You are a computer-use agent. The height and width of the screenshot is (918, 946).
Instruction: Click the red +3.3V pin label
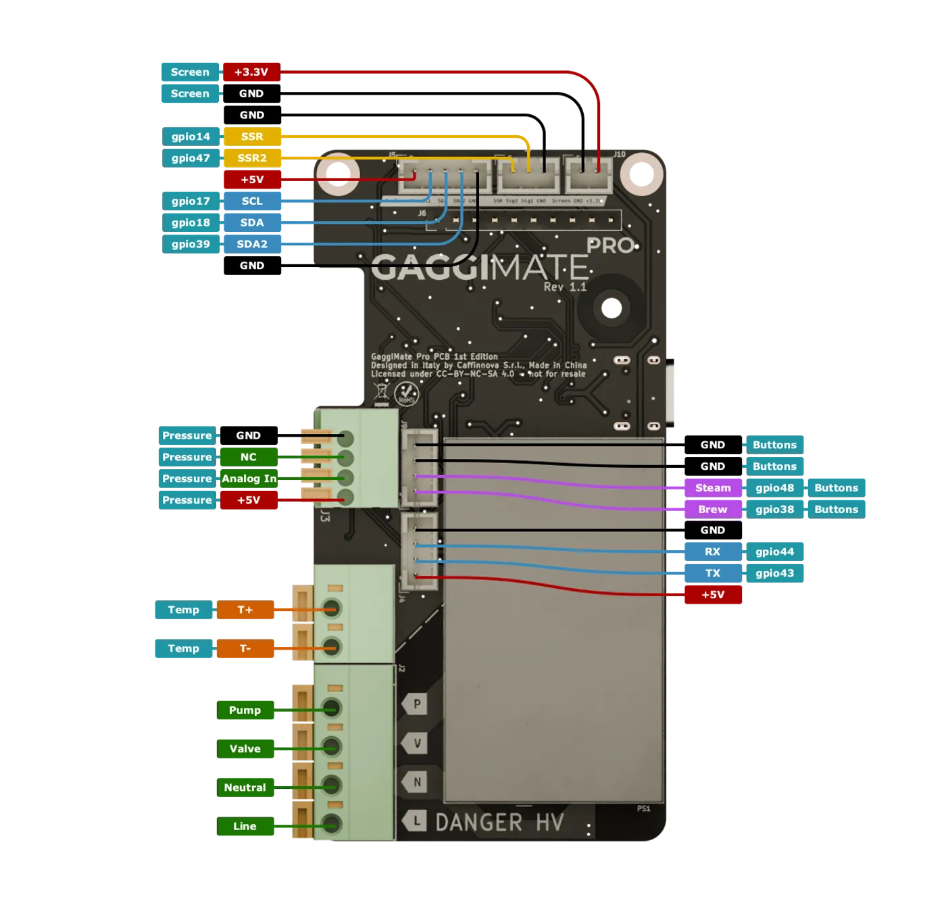click(251, 72)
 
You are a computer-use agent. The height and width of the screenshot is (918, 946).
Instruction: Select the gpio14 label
click(191, 137)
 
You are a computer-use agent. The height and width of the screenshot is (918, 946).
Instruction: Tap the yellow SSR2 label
click(251, 158)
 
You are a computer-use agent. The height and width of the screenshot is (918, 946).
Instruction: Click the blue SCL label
click(251, 201)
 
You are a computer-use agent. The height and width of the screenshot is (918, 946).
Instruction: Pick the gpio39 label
click(191, 244)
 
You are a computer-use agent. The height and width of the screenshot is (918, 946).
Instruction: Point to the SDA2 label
click(251, 244)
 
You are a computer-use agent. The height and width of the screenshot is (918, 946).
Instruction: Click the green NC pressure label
click(248, 457)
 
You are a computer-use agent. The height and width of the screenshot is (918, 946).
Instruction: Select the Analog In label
click(249, 479)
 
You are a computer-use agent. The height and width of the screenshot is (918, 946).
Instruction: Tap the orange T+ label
click(245, 610)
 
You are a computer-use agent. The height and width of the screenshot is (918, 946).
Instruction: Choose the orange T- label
click(245, 648)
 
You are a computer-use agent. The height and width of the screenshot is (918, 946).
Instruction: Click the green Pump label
click(245, 710)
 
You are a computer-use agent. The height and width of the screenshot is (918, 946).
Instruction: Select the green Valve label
click(245, 748)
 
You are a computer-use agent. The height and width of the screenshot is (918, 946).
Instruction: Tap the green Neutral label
click(245, 788)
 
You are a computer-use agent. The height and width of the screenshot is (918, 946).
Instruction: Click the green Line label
click(245, 826)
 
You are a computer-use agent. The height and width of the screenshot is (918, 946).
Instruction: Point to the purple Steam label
click(712, 487)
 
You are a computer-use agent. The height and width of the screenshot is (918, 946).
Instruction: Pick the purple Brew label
click(712, 509)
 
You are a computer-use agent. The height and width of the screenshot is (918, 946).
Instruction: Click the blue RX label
click(712, 552)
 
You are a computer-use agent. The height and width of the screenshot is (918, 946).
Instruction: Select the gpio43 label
click(774, 573)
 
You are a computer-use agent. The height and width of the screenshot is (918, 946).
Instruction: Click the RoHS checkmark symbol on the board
click(406, 393)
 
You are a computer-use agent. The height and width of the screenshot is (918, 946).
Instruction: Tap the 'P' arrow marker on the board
click(415, 704)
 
